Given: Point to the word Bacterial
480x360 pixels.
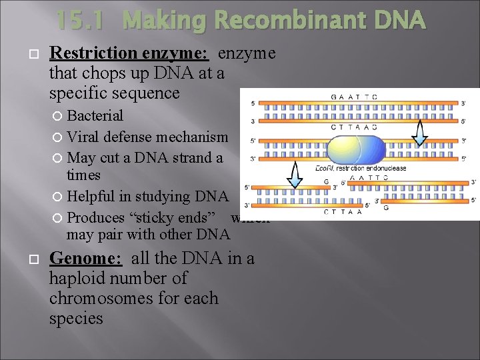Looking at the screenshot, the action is (x=95, y=115).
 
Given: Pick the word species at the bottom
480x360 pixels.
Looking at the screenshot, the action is (x=76, y=318).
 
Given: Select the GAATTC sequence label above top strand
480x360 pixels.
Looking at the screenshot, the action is (x=354, y=97).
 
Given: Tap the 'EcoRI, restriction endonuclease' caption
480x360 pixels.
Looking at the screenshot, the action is (x=361, y=169).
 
